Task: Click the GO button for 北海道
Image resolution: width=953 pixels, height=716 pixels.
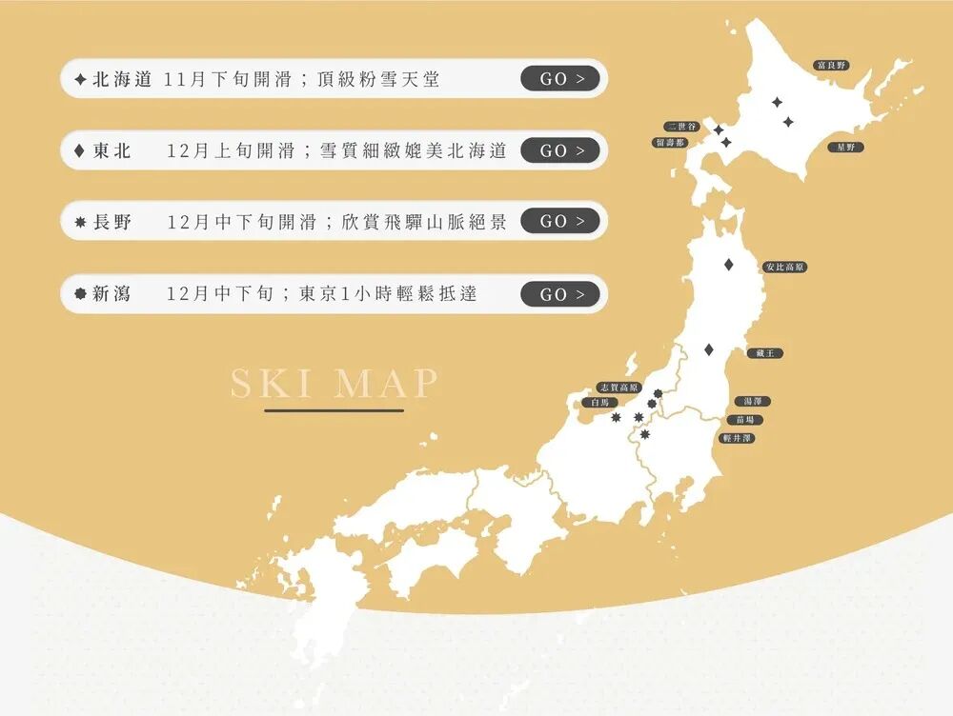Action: coord(560,79)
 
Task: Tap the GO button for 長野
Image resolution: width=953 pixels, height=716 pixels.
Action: coord(560,221)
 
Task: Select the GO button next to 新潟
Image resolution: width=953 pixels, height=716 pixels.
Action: coord(560,294)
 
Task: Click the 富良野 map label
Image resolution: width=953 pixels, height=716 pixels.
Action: coord(831,66)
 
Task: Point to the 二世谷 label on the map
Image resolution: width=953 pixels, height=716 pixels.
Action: coord(682,127)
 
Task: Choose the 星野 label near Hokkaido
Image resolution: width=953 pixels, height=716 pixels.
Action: coord(845,148)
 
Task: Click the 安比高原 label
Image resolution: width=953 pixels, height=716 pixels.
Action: coord(785,267)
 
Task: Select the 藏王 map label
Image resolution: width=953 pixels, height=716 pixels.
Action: coord(765,353)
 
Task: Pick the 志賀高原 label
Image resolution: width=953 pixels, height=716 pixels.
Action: coord(618,388)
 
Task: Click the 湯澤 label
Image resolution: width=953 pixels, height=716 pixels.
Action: coord(752,402)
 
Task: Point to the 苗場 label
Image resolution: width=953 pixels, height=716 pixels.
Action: coord(744,420)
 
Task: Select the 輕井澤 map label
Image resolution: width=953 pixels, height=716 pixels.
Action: coord(738,438)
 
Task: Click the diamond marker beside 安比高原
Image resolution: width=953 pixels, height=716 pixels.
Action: coord(729,265)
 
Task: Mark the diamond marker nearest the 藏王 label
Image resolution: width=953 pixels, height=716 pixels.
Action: coord(708,350)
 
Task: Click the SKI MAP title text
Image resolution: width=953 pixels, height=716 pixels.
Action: coord(335,383)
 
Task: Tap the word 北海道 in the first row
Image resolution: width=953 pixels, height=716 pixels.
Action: coord(122,79)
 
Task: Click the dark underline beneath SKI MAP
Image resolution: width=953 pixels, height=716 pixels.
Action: coord(335,411)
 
